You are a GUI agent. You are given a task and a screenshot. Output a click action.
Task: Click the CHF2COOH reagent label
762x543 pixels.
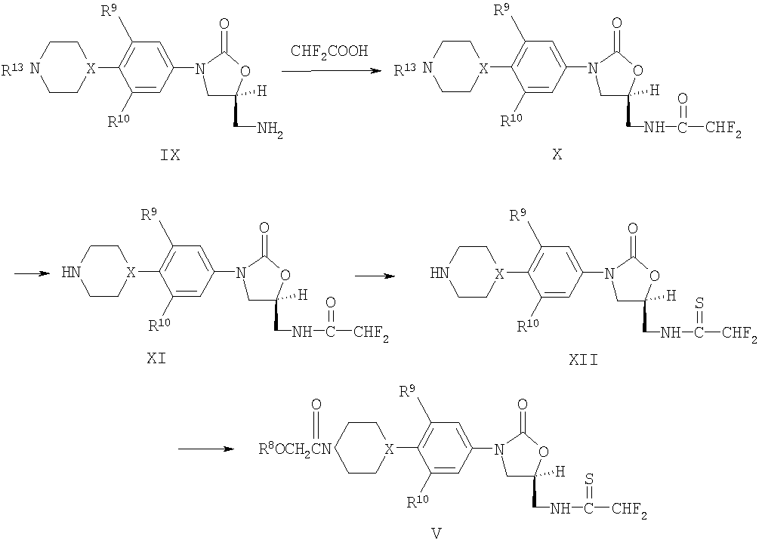coord(329,51)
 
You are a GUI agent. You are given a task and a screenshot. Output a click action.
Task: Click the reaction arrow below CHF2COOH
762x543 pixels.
coord(329,70)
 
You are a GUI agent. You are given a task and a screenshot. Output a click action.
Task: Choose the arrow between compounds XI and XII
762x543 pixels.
coord(374,275)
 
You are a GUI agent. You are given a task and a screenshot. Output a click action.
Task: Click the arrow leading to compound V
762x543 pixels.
coord(204,450)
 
